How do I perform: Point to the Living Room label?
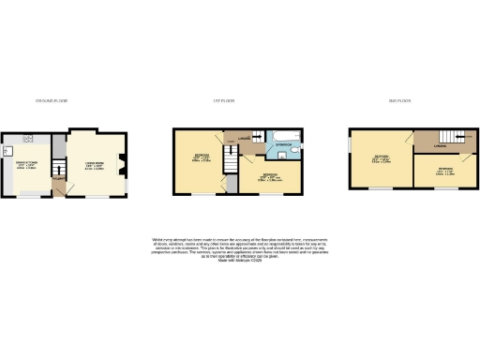pos(95,166)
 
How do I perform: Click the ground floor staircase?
pos(57,169)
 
